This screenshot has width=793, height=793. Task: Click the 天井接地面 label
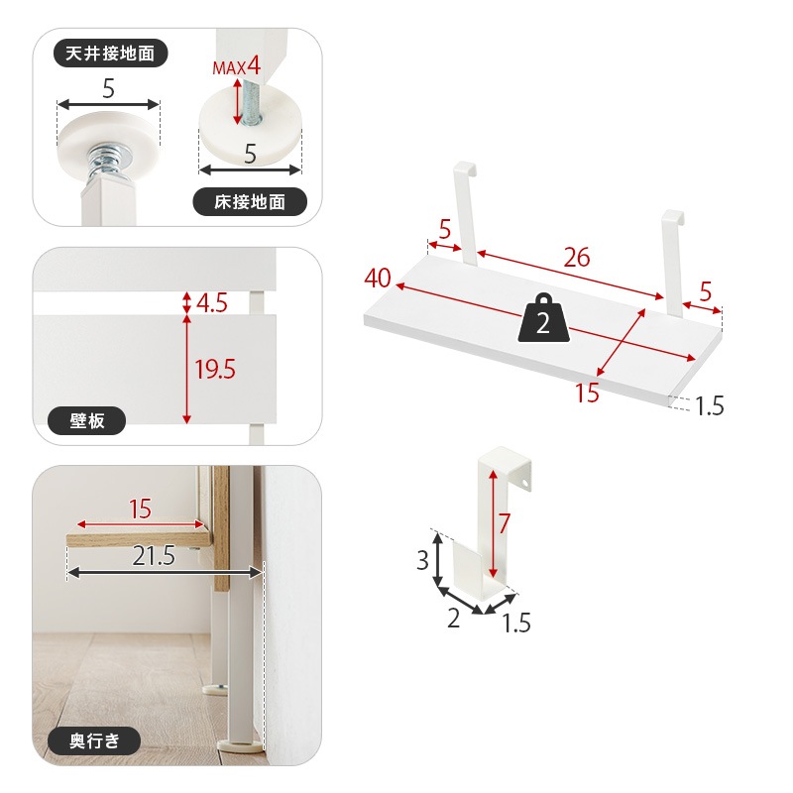coord(110,54)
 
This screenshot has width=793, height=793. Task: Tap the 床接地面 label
coord(250,202)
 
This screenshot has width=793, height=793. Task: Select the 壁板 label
coord(86,420)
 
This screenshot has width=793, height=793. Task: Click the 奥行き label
coord(94,740)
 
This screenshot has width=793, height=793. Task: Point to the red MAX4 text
coord(236,66)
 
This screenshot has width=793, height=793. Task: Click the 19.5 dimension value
coord(215,369)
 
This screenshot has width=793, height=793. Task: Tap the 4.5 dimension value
coord(211,303)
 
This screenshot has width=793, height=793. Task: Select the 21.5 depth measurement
coord(154,556)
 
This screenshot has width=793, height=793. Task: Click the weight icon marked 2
coord(543,317)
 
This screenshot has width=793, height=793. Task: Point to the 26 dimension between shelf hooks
coord(577,258)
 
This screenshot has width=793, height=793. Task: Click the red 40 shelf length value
coord(378,279)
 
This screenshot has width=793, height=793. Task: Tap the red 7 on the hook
coord(505,523)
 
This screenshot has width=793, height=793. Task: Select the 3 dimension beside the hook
coord(423,560)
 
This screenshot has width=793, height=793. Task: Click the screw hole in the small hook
coord(524,484)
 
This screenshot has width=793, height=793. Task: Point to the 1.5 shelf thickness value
coord(709,405)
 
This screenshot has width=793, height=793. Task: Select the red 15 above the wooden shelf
coord(140,509)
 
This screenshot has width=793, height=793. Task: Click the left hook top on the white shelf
coord(466,168)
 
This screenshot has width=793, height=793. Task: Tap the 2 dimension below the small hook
coord(454,618)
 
